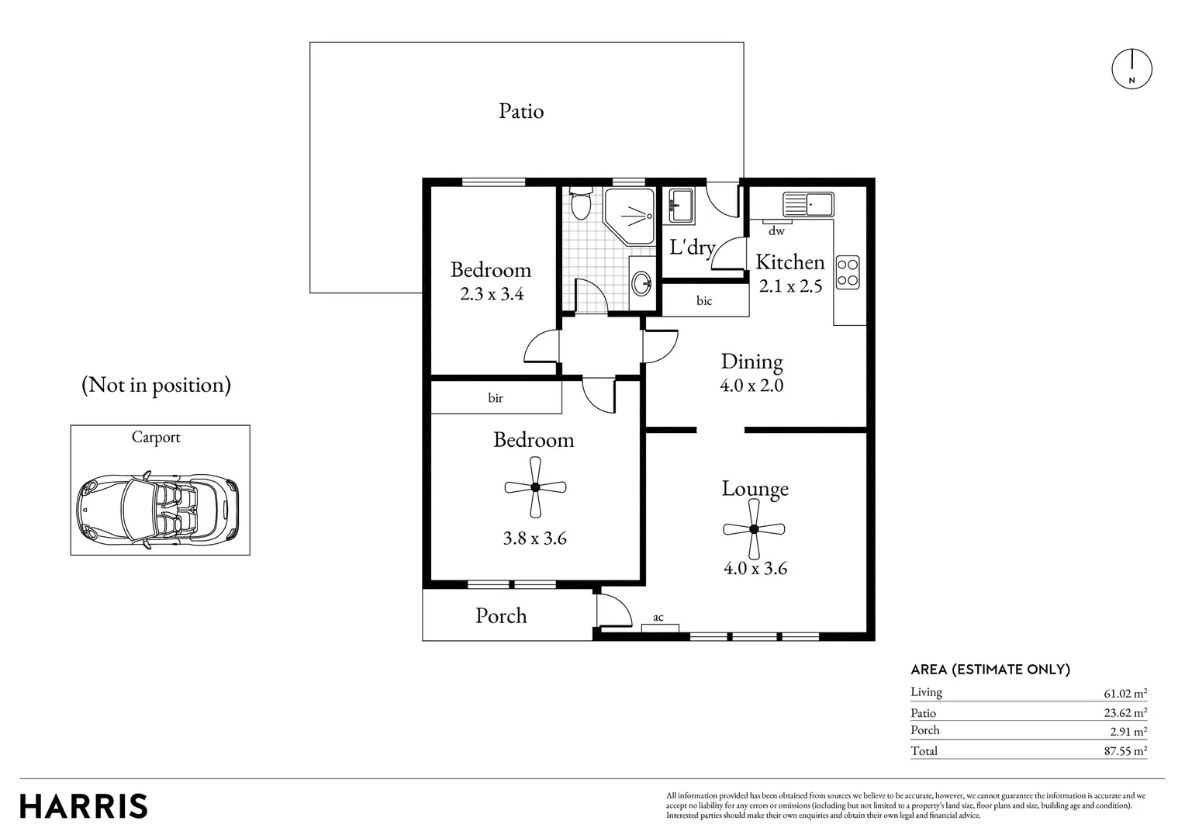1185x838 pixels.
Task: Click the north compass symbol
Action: pyautogui.click(x=1131, y=69)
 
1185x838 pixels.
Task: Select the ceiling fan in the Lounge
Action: pyautogui.click(x=754, y=529)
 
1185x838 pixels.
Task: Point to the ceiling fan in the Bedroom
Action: pyautogui.click(x=535, y=487)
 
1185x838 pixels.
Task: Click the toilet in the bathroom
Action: pyautogui.click(x=581, y=203)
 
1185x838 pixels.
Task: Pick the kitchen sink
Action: pyautogui.click(x=808, y=204)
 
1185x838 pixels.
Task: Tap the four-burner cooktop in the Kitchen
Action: pyautogui.click(x=848, y=272)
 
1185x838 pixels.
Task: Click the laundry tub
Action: pyautogui.click(x=681, y=206)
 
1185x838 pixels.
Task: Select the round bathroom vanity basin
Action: pyautogui.click(x=642, y=283)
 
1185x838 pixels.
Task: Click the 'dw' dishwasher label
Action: pyautogui.click(x=776, y=230)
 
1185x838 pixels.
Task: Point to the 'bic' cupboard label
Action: pyautogui.click(x=704, y=301)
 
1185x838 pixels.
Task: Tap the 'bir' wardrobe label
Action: pyautogui.click(x=495, y=398)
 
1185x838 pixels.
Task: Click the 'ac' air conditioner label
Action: pyautogui.click(x=658, y=618)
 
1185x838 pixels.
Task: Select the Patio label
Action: pyautogui.click(x=521, y=111)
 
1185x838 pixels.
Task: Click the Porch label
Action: pyautogui.click(x=501, y=615)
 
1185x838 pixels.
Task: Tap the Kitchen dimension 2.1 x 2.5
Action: pyautogui.click(x=790, y=286)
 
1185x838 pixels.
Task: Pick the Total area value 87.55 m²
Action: pyautogui.click(x=1125, y=750)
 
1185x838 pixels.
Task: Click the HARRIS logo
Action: pyautogui.click(x=84, y=806)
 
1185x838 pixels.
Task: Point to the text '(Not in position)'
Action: pyautogui.click(x=156, y=385)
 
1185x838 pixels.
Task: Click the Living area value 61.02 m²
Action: pyautogui.click(x=1125, y=693)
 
